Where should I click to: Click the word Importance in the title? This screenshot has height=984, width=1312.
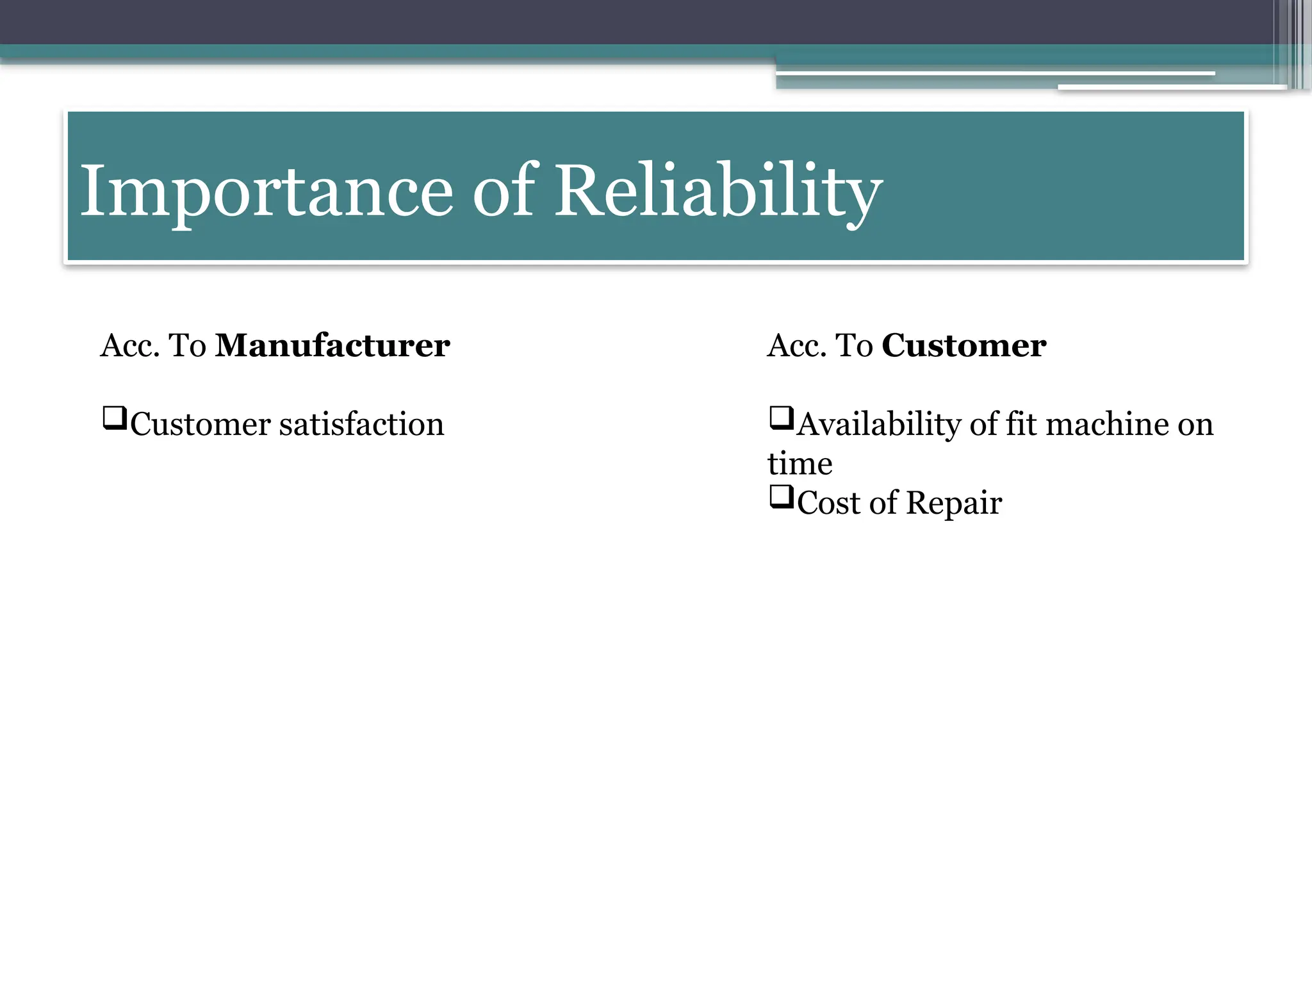266,191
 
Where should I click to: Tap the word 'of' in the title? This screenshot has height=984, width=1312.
504,191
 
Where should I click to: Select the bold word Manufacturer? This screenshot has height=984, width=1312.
332,346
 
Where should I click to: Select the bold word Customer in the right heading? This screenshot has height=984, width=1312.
963,346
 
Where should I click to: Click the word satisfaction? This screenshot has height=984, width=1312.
361,425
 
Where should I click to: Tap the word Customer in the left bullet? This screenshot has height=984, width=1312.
201,425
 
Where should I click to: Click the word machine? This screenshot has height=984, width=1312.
1106,425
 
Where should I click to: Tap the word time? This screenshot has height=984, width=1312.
799,464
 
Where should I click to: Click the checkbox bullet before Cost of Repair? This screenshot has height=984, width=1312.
781,497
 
